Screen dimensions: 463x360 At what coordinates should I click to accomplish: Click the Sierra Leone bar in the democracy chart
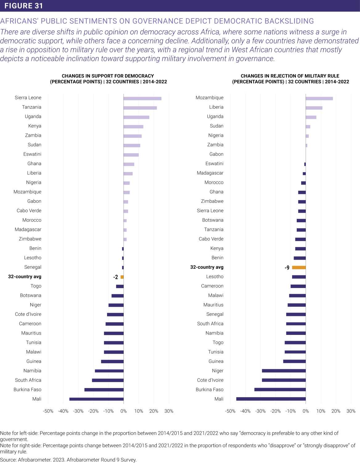tap(142, 98)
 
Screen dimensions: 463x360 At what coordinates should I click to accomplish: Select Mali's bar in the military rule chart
tap(271, 399)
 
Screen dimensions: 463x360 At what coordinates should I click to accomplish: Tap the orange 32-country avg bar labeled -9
tap(299, 267)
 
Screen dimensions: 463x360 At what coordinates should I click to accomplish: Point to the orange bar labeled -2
tap(122, 277)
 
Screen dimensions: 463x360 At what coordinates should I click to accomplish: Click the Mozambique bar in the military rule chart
tap(319, 98)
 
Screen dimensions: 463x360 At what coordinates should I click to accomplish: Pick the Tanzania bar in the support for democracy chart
tap(140, 108)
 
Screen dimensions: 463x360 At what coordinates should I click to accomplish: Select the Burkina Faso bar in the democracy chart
tap(104, 390)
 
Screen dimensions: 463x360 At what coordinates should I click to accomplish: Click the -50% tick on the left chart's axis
tap(48, 411)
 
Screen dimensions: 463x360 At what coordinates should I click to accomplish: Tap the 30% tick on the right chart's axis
tap(351, 411)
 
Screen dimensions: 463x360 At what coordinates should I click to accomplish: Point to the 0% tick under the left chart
tap(123, 411)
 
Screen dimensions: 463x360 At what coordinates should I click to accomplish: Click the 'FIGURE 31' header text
tap(24, 6)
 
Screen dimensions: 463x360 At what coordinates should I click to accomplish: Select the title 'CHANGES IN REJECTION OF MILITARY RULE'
tap(290, 76)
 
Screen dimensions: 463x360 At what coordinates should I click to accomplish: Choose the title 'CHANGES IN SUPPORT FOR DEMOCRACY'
tap(108, 76)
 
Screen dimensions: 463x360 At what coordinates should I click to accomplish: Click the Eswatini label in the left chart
tap(32, 154)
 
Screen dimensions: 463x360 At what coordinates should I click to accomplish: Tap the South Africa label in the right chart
tap(210, 323)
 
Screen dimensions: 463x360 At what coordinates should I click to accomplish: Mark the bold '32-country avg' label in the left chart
tap(25, 277)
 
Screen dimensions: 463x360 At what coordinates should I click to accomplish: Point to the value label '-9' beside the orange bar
tap(287, 268)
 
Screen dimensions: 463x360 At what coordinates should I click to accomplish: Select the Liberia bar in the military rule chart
tap(314, 108)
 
